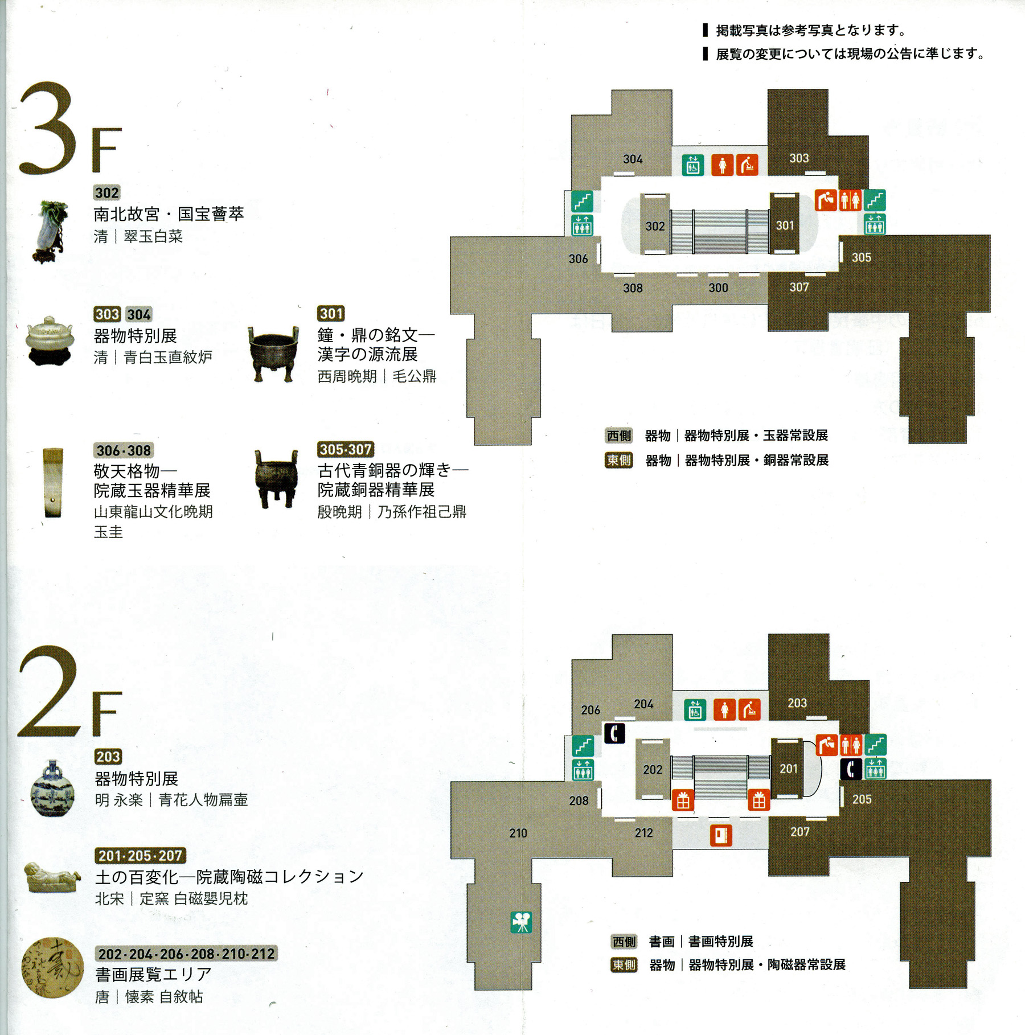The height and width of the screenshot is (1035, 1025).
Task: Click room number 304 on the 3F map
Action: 633,159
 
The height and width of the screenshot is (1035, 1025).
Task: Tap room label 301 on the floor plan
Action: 785,225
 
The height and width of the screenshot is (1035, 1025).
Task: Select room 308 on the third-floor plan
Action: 633,288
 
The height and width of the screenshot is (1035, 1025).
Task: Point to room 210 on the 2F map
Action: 518,833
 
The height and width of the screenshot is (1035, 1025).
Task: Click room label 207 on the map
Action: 800,832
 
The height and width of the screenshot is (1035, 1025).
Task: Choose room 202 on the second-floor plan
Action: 653,770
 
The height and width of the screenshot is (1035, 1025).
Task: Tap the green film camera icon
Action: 522,923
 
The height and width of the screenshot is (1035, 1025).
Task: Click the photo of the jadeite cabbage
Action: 50,231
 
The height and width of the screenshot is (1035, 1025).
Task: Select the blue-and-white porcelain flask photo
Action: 52,788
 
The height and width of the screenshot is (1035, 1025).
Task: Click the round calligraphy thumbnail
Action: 52,968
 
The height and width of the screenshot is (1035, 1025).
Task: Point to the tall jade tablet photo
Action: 53,483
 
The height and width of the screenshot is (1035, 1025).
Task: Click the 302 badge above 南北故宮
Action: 107,193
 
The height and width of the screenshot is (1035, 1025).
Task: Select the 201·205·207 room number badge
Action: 140,856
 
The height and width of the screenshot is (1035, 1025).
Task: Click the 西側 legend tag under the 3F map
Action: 619,436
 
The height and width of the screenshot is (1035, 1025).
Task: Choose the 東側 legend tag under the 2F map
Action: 624,965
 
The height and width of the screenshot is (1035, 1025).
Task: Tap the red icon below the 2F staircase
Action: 721,836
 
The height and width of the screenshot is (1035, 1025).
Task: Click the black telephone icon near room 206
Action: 614,733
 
